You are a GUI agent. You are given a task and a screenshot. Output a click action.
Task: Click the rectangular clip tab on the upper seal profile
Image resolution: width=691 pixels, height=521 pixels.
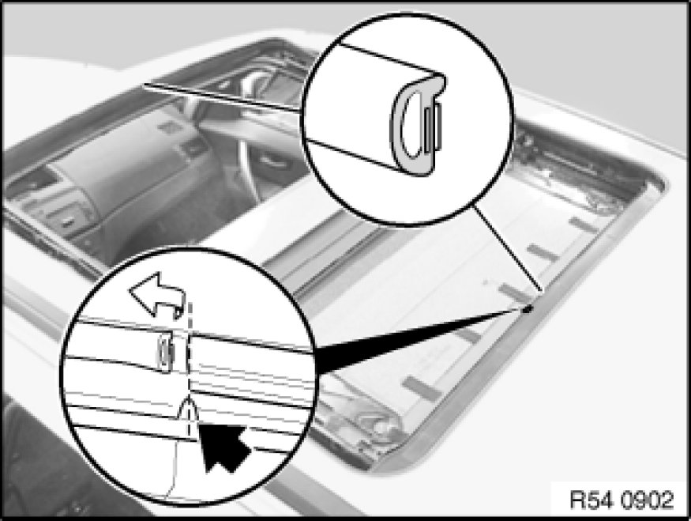[434, 126]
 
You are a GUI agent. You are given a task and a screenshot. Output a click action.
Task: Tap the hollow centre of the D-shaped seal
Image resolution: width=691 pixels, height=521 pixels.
[412, 127]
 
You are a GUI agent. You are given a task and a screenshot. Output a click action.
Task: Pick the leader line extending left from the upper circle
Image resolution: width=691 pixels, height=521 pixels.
[223, 96]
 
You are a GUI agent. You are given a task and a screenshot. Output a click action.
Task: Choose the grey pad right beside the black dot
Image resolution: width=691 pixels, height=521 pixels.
[513, 290]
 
